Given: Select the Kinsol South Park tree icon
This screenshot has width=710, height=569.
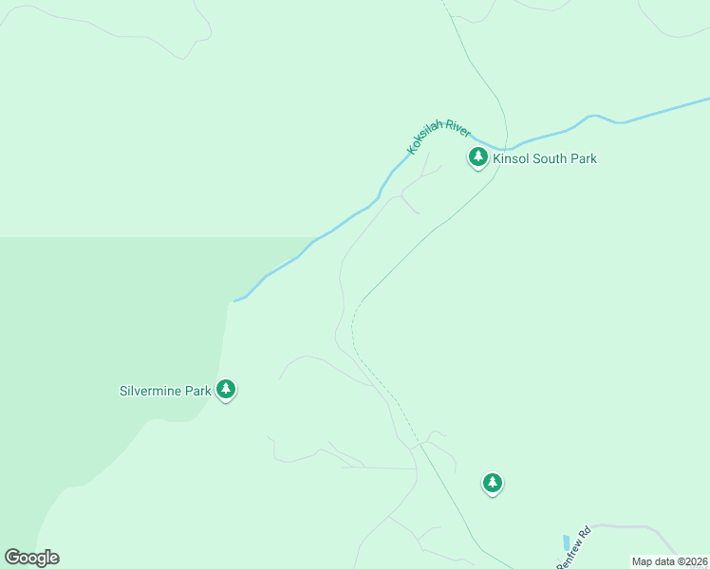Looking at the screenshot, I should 478,156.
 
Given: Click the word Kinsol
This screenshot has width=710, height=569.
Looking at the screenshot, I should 511,158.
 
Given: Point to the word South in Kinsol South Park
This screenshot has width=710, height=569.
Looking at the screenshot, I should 549,158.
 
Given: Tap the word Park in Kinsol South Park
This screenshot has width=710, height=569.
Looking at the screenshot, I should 583,158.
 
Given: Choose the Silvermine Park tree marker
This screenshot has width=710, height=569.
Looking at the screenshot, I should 226,388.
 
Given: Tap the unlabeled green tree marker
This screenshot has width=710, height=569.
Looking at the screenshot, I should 492,483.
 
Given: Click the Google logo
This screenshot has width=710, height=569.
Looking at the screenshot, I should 31,558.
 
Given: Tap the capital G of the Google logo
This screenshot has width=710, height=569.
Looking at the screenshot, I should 12,557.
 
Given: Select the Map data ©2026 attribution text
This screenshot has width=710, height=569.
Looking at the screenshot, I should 669,561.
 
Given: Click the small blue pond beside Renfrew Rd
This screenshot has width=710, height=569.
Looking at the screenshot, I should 567,542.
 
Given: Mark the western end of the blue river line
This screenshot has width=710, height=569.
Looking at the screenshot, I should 235,301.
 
